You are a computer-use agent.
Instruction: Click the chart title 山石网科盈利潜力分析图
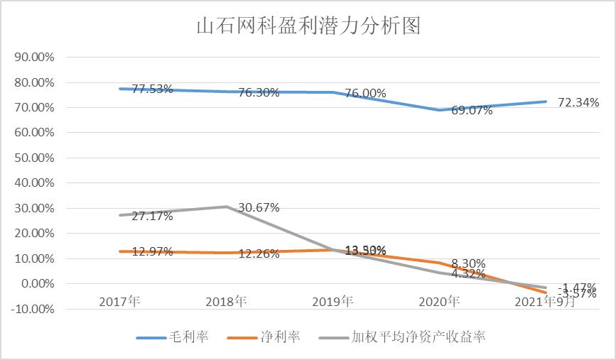308,26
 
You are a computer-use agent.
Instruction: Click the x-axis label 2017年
120,302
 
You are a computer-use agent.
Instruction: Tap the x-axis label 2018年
226,302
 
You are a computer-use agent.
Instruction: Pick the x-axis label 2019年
333,302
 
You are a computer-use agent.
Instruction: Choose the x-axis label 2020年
439,302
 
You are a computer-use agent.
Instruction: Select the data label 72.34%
578,103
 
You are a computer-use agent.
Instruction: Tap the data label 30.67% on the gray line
259,207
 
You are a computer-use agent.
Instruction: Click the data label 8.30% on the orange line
468,263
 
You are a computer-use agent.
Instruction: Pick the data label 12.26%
259,253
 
